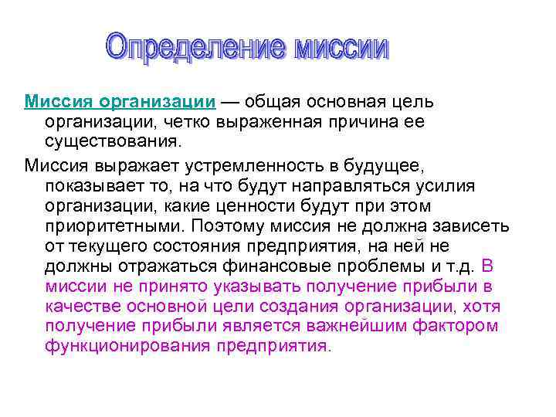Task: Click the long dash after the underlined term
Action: click(230, 103)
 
